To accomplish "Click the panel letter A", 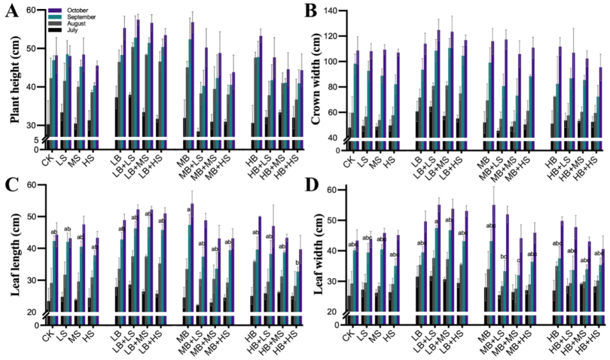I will pyautogui.click(x=11, y=11).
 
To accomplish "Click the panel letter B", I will pyautogui.click(x=311, y=11).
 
